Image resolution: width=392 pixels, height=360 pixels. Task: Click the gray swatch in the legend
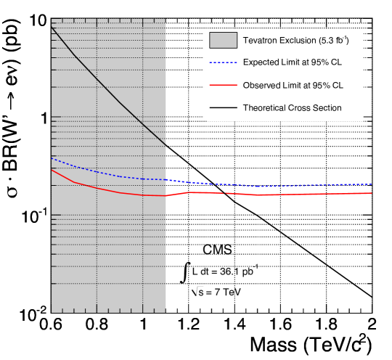click(x=223, y=40)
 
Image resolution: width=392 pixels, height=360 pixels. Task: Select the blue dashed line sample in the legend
click(x=223, y=62)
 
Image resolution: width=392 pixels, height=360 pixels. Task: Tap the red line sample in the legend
click(x=223, y=85)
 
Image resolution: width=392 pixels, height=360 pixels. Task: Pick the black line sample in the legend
click(x=223, y=108)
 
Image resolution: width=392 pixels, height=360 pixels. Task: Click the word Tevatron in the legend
click(x=261, y=40)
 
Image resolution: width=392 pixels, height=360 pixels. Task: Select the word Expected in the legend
click(x=261, y=62)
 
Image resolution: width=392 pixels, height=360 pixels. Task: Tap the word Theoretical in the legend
click(x=266, y=108)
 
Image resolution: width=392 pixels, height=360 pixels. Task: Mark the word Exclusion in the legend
click(x=295, y=40)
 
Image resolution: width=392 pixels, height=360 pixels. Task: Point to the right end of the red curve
click(x=372, y=193)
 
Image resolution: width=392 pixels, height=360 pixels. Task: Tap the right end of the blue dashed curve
click(x=372, y=184)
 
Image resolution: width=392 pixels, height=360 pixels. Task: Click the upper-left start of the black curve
click(x=52, y=28)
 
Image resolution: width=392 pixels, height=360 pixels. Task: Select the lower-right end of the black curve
click(x=166, y=145)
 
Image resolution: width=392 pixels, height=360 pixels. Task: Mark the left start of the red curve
click(x=52, y=170)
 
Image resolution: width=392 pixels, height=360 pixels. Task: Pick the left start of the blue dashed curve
click(x=52, y=157)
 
